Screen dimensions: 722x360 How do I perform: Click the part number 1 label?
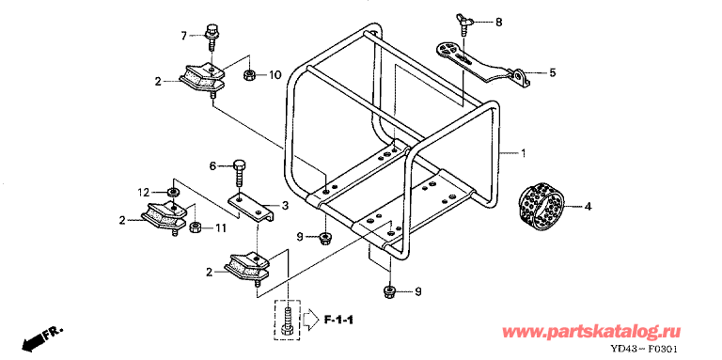(523, 153)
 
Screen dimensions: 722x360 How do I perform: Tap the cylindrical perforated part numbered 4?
(541, 208)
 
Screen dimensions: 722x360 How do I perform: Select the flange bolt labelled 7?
(212, 37)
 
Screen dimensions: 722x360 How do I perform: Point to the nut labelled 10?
(249, 75)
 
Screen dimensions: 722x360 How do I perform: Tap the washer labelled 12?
(173, 191)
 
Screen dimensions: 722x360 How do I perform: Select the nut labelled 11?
(195, 227)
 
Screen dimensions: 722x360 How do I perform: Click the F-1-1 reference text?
(338, 320)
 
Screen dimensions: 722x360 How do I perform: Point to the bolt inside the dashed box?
(288, 320)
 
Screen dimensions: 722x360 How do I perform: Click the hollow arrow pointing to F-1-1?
(310, 320)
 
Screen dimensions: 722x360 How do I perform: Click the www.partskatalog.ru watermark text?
(591, 332)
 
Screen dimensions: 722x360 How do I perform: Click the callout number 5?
(552, 72)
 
